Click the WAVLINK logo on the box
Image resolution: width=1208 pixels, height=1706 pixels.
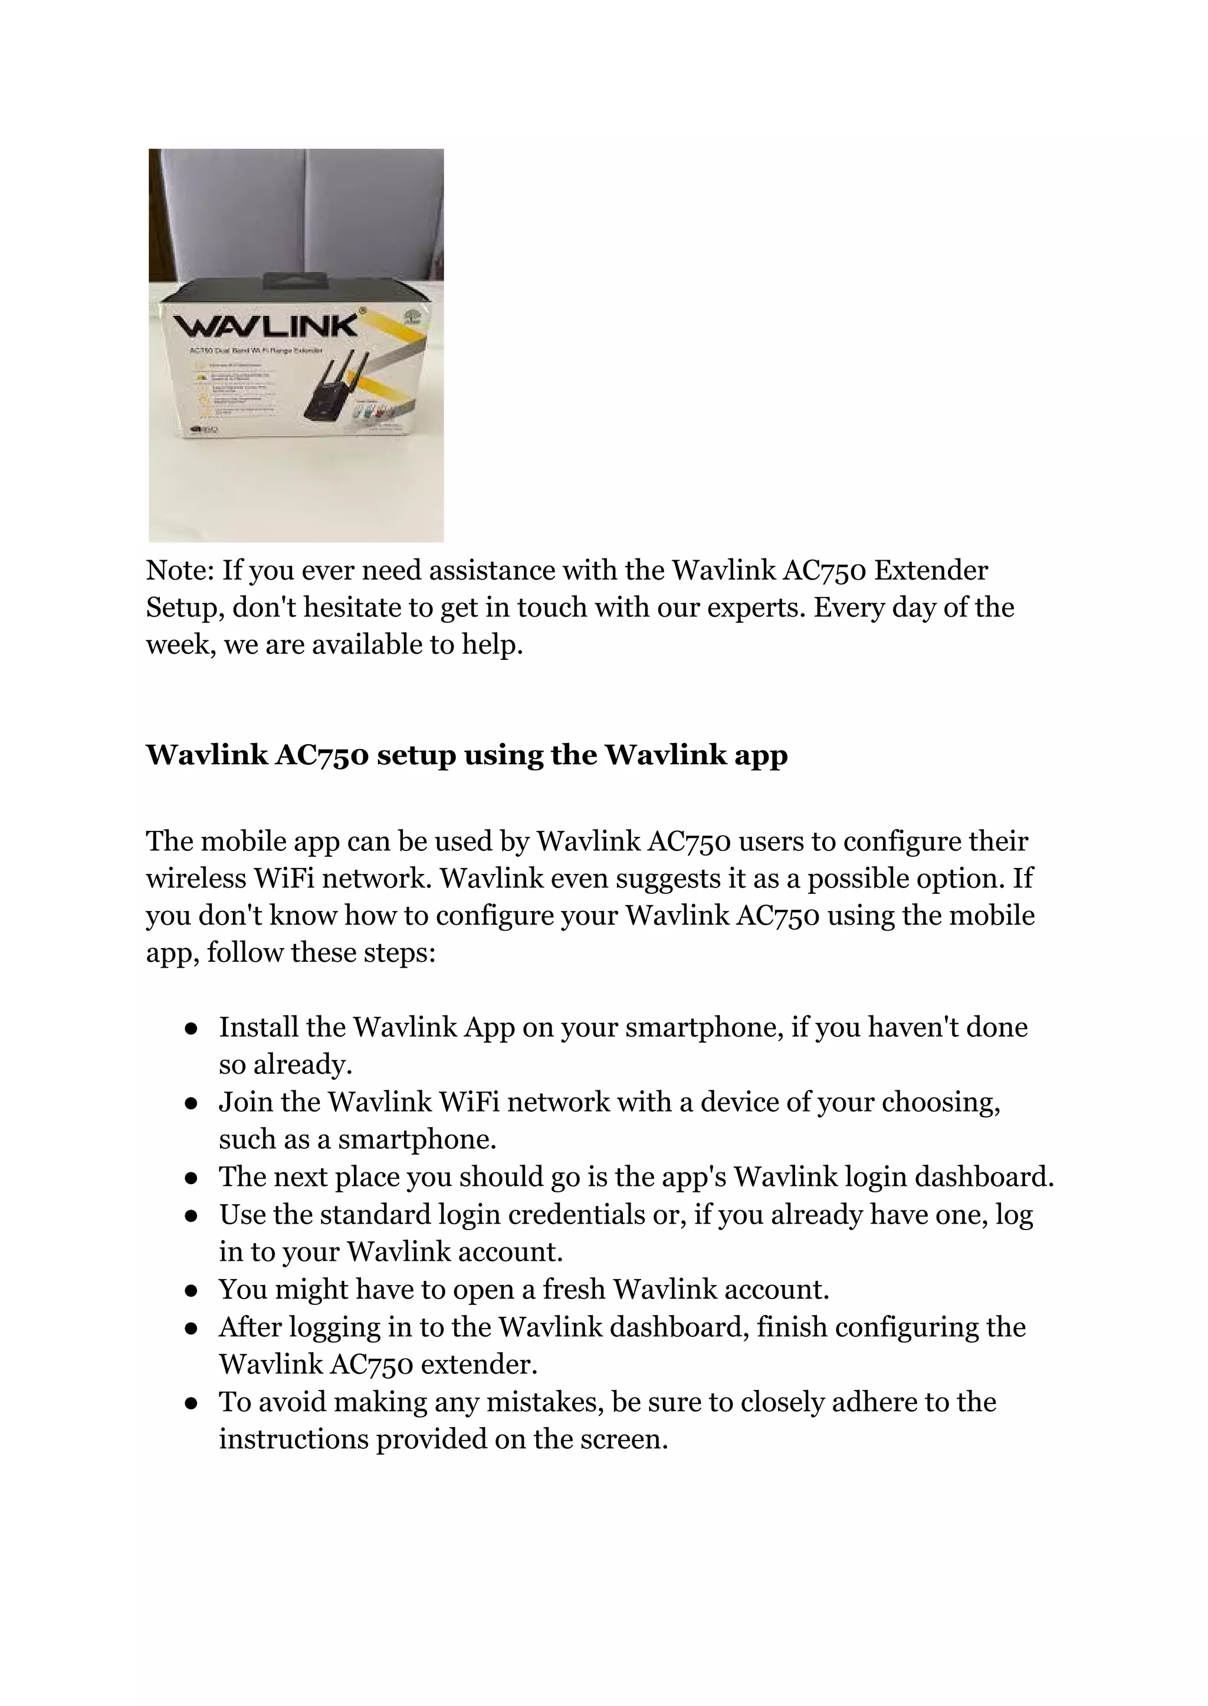pyautogui.click(x=265, y=326)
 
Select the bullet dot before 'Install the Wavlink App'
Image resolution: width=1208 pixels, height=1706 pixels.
pyautogui.click(x=191, y=1029)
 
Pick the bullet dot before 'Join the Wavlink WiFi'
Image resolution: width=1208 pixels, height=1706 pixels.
pyautogui.click(x=191, y=1103)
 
